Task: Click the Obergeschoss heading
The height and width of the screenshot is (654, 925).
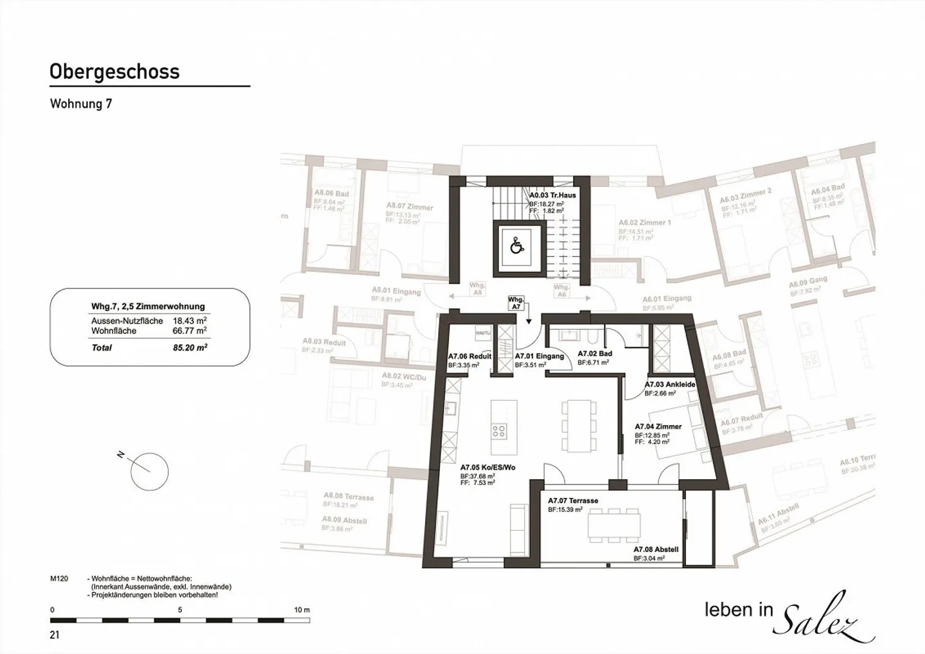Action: coord(114,71)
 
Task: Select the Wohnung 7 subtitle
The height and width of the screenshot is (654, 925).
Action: coord(81,103)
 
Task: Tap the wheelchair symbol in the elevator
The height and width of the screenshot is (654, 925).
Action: coord(516,245)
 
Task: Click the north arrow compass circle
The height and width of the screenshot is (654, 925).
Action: coord(149,471)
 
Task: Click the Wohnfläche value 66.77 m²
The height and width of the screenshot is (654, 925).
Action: coord(189,331)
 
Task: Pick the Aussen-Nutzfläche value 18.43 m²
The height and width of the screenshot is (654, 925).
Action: coord(189,321)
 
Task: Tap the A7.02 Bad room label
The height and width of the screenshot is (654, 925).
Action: coord(595,353)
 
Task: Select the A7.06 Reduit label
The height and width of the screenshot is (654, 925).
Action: coord(470,356)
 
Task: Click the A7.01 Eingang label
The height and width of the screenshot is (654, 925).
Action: coord(539,356)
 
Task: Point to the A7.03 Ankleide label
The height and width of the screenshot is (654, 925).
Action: coord(670,384)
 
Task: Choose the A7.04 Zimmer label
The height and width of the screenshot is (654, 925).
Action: coord(658,427)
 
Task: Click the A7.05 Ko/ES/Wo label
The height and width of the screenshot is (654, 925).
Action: coord(488,468)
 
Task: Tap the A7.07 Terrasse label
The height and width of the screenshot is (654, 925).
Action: coord(573,500)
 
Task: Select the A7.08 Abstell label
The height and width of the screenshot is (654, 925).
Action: coord(656,549)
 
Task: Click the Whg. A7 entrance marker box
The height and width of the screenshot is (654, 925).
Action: coord(515,303)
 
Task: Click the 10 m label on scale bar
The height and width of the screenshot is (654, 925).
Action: coord(301,610)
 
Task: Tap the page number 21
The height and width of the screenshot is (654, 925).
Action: coord(55,635)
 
